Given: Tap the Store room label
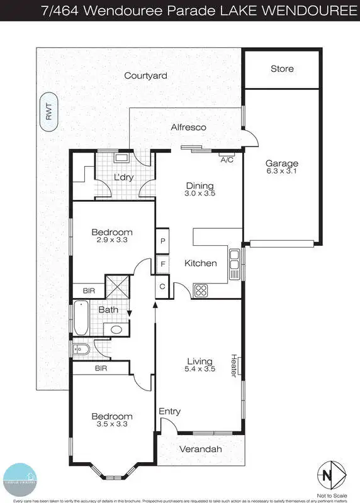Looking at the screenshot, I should click(282, 69).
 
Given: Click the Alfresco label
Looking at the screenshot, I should click(189, 127).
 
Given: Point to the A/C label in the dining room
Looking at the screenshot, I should click(227, 160).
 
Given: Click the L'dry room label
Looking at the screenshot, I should click(123, 177).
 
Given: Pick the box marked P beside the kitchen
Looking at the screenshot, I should click(162, 241).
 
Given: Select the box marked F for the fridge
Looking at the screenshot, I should click(162, 264).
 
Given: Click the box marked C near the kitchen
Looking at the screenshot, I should click(162, 287).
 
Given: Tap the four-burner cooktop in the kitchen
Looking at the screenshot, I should click(201, 290).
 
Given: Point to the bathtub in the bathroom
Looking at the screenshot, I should click(81, 319).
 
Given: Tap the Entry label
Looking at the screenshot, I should click(170, 411).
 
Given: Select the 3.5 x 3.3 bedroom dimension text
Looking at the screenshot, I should click(112, 425).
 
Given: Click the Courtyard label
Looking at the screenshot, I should click(145, 75).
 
